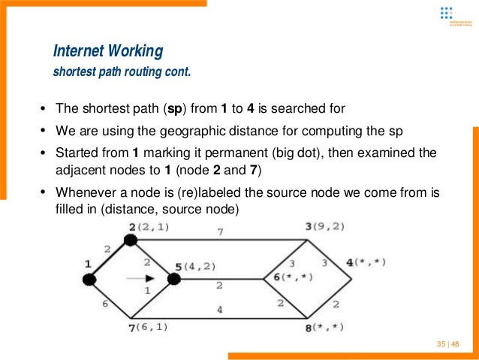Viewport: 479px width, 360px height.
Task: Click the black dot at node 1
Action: tap(89, 280)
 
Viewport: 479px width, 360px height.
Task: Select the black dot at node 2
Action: tap(130, 240)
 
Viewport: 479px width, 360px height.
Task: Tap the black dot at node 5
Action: tap(174, 280)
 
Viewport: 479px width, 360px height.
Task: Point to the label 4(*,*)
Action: tap(366, 262)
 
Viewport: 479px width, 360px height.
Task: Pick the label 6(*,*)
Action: tap(294, 277)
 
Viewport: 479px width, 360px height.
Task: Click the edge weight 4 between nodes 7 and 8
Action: tap(218, 310)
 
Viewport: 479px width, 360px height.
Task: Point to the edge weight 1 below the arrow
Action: tap(146, 290)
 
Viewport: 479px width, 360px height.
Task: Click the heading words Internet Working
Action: tap(108, 52)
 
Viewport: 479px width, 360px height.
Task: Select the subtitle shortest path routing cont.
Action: tap(122, 74)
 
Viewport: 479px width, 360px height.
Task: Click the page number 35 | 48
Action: tap(447, 343)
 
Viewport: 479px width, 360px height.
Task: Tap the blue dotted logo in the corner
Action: tap(446, 13)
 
